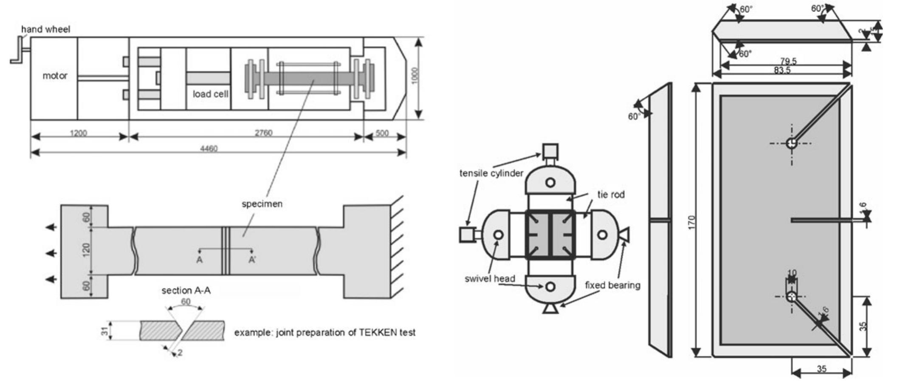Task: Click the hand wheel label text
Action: coord(45,29)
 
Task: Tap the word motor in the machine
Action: coord(55,76)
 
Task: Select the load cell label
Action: coord(210,94)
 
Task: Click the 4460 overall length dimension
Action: coord(209,148)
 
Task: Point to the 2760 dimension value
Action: coord(263,133)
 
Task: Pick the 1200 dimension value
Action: coord(78,133)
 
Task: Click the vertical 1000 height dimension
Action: coord(415,76)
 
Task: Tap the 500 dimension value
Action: coord(382,133)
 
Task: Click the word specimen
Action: coord(262,204)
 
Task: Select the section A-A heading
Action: coord(186,291)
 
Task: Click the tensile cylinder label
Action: coord(491,173)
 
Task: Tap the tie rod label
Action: coord(611,195)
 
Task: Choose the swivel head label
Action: coord(490,279)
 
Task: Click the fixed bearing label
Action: coord(612,285)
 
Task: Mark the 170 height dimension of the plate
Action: coord(692,221)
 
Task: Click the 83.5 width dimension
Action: coord(782,70)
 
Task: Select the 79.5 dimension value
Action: coord(788,61)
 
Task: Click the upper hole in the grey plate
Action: coord(791,143)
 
